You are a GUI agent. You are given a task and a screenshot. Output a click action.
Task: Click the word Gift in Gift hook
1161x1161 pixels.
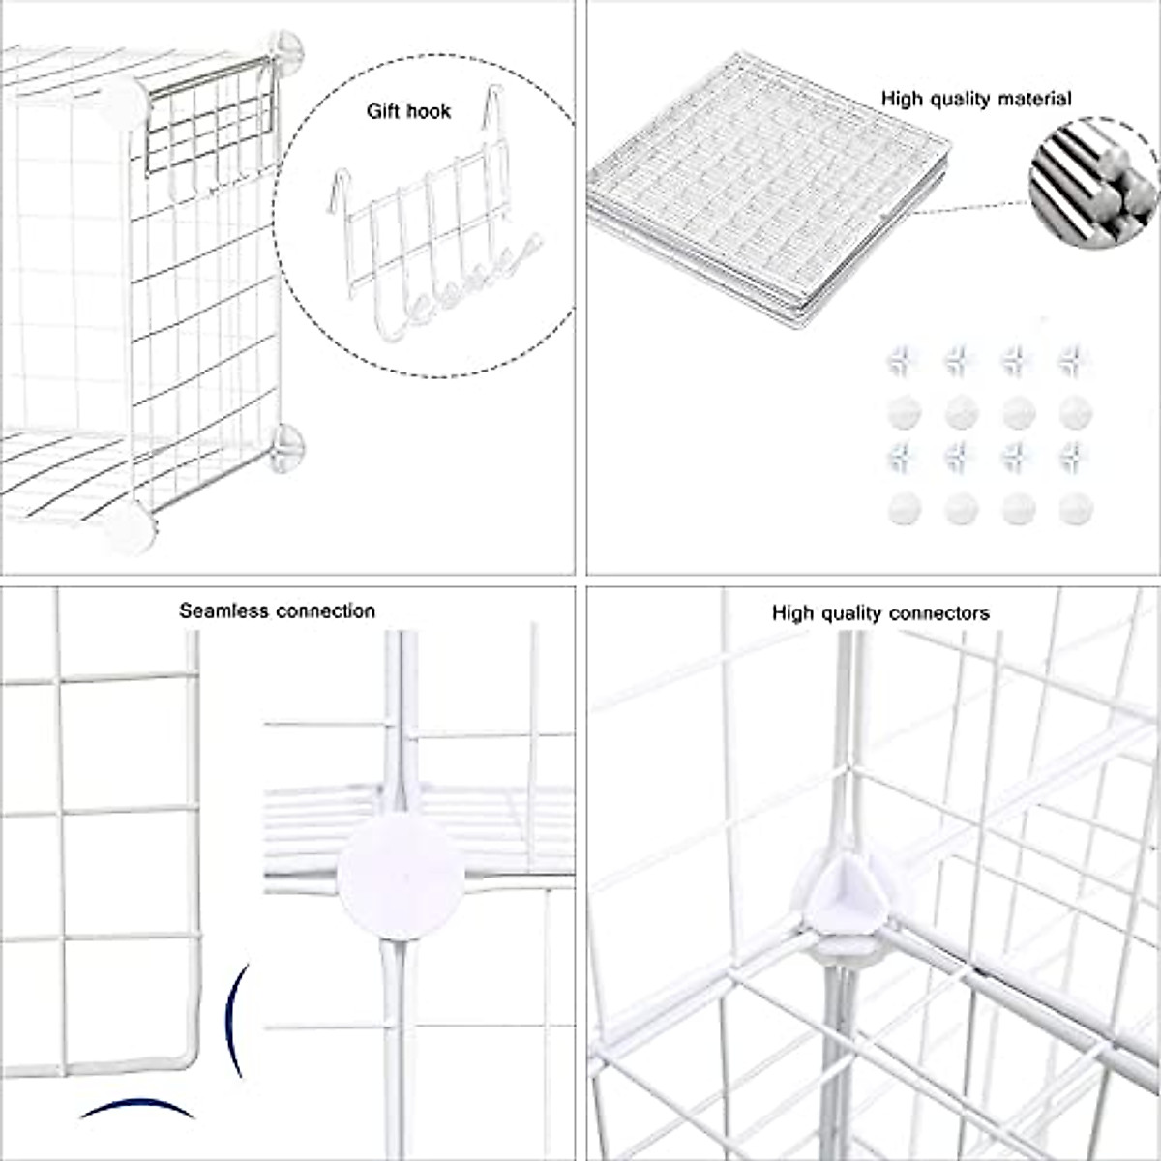383,111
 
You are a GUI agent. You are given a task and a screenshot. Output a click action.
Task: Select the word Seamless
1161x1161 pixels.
224,611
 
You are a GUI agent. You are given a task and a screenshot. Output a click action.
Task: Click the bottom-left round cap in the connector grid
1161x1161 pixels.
902,507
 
